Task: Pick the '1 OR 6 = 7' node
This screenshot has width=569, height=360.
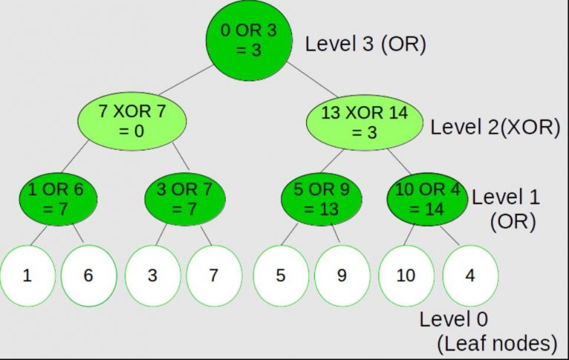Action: coord(56,199)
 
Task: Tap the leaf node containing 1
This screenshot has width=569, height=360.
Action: coord(27,276)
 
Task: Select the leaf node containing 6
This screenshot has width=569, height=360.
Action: coord(88,276)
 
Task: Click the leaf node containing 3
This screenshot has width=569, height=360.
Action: coord(153,276)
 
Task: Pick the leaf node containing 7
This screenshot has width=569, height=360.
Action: coord(213,276)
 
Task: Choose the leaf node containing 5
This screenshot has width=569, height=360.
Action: coord(281,276)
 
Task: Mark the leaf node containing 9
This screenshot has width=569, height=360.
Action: coord(342,276)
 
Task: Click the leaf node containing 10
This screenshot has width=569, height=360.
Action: coord(406,276)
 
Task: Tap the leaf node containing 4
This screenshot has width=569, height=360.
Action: coord(470,276)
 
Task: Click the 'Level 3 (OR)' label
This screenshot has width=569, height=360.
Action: coord(366,44)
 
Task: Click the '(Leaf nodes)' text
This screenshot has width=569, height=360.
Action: coord(496,343)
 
